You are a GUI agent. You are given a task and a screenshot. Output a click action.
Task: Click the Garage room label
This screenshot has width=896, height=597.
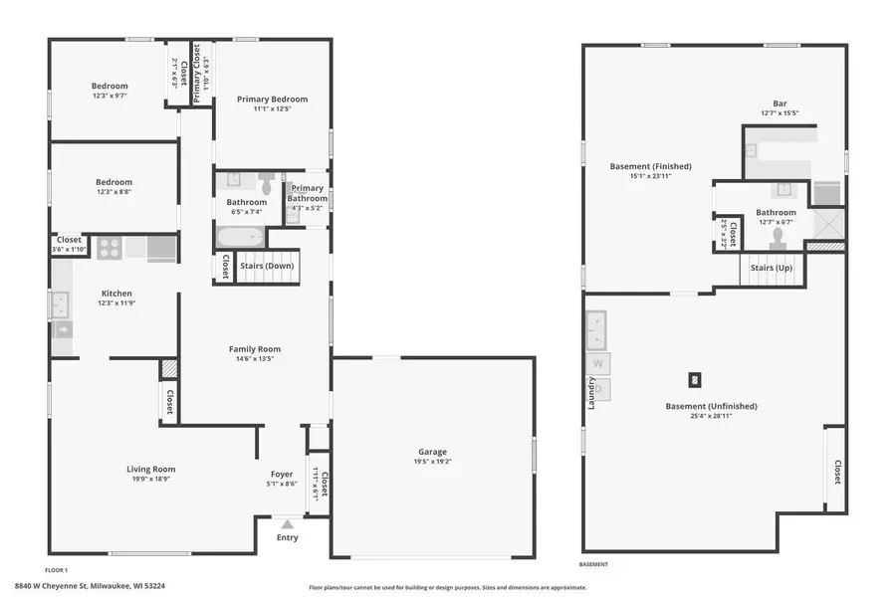(432, 452)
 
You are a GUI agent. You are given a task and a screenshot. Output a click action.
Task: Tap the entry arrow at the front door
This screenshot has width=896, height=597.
(287, 523)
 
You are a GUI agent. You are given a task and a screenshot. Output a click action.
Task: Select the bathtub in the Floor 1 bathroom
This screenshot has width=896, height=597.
(240, 238)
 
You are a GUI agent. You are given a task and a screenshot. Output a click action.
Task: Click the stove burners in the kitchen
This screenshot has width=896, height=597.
(109, 247)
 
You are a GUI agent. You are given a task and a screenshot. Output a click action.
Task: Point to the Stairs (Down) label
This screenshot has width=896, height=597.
(266, 267)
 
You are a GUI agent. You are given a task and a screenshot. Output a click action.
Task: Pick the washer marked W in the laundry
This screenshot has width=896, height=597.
(598, 363)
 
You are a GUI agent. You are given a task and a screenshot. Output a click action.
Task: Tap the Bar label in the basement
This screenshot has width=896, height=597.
(780, 102)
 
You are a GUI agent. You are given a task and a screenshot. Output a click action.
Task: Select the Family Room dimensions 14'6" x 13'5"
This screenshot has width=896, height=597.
(255, 359)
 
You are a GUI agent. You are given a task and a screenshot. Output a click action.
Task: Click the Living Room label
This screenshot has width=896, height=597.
(151, 469)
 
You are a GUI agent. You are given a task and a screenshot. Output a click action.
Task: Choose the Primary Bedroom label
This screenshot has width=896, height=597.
(272, 99)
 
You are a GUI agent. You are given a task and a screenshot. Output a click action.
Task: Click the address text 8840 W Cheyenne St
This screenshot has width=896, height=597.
(75, 586)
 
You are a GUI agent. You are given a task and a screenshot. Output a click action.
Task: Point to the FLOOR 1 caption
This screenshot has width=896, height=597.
(56, 569)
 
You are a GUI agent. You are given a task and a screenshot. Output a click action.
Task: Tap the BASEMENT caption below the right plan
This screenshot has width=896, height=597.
(593, 564)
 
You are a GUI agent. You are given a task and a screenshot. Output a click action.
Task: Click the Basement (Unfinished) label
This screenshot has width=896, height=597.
(711, 406)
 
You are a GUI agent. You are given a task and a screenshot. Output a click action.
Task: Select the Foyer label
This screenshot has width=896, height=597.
(282, 474)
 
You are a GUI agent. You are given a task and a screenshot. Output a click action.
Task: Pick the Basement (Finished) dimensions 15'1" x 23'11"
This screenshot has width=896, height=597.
(650, 176)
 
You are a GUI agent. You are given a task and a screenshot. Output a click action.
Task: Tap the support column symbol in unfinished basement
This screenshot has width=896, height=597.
(695, 378)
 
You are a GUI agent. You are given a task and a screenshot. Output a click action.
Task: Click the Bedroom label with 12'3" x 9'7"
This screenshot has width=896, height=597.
(110, 86)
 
